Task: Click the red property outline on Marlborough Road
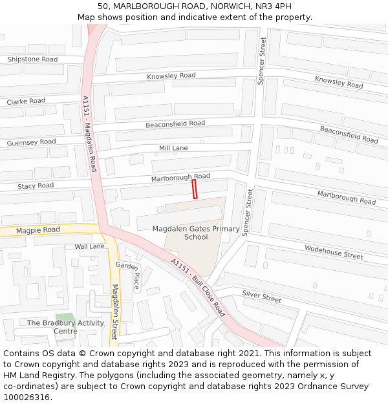(194, 189)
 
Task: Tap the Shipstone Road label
(32, 59)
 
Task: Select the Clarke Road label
(26, 101)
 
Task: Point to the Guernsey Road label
(31, 142)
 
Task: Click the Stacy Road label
(36, 186)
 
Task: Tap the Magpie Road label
(38, 230)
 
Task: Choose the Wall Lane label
(89, 246)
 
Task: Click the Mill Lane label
(173, 149)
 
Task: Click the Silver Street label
(262, 296)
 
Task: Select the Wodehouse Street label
(334, 252)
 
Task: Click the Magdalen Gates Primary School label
(196, 233)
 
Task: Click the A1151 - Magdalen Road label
(90, 133)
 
